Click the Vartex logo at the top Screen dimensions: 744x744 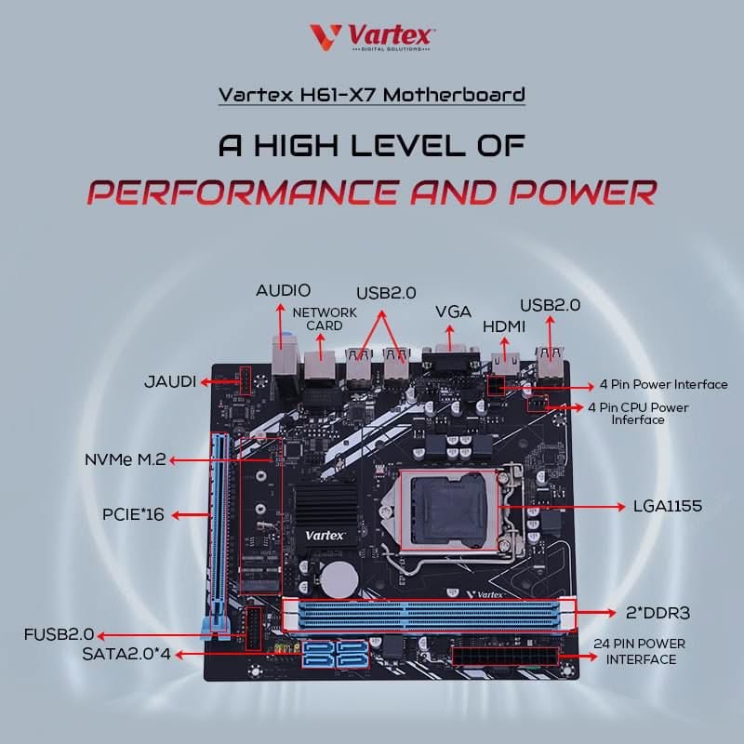point(372,37)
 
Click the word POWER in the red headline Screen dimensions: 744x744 point(584,193)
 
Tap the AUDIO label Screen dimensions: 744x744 point(284,290)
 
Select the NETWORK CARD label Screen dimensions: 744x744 point(325,319)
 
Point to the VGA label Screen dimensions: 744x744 point(453,312)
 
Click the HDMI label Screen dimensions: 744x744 point(504,326)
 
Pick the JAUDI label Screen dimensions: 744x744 point(170,381)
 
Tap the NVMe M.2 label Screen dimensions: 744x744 point(126,459)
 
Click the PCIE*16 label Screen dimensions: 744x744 point(133,514)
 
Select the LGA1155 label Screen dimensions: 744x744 point(668,506)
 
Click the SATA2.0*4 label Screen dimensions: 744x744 point(126,655)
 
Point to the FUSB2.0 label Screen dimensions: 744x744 point(60,634)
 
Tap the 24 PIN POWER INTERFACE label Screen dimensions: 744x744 point(640,652)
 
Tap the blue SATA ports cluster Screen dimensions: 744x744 point(336,654)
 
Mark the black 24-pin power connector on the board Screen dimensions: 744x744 point(506,658)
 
